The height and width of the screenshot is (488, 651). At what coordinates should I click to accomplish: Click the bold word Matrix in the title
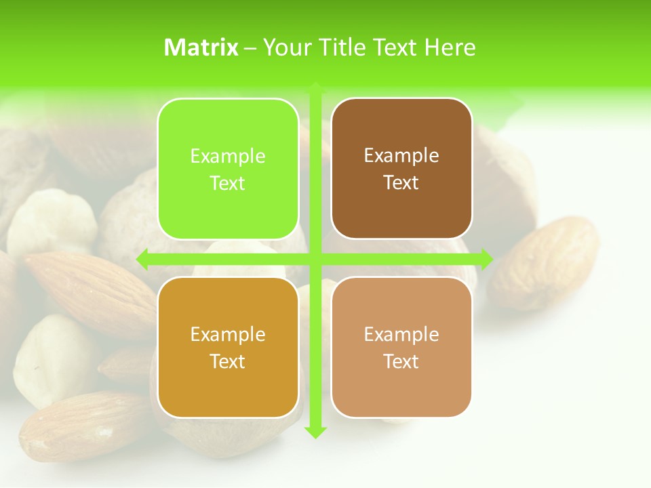point(201,47)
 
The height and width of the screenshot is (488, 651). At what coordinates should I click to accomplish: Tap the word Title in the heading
point(344,47)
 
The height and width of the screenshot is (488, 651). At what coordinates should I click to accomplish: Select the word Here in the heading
point(450,47)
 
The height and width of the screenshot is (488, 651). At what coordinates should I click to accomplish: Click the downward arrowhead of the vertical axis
point(315,432)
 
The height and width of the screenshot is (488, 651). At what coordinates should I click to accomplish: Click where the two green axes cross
point(315,259)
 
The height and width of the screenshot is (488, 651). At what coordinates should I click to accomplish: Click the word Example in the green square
point(228,157)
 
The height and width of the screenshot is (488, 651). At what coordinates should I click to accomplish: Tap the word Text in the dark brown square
point(401,183)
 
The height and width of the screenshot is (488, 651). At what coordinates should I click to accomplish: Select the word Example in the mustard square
point(228,335)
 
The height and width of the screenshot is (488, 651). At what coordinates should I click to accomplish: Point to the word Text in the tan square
point(401,362)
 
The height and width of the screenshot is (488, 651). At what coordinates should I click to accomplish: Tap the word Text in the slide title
point(396,47)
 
